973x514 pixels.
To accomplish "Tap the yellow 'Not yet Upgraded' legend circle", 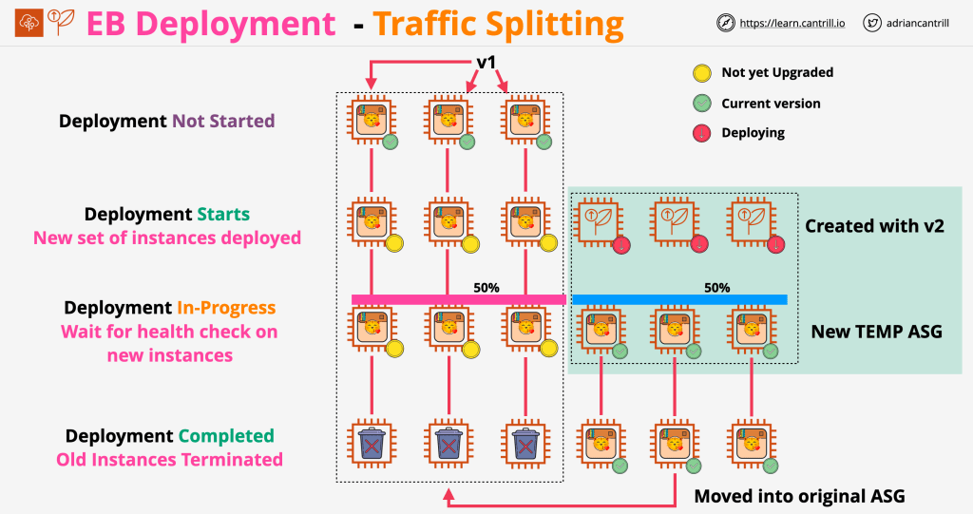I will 701,72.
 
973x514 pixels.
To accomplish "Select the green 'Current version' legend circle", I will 701,103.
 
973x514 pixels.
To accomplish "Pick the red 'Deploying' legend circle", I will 701,133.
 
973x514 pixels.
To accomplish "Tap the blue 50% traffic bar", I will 678,299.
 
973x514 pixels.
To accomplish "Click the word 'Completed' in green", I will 225,436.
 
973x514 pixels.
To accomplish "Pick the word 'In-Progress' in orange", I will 226,308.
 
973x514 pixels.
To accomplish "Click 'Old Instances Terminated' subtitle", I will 169,460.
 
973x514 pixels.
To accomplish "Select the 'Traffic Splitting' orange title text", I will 499,23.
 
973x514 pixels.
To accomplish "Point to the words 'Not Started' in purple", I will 223,122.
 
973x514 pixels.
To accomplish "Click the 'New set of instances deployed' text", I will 167,238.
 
